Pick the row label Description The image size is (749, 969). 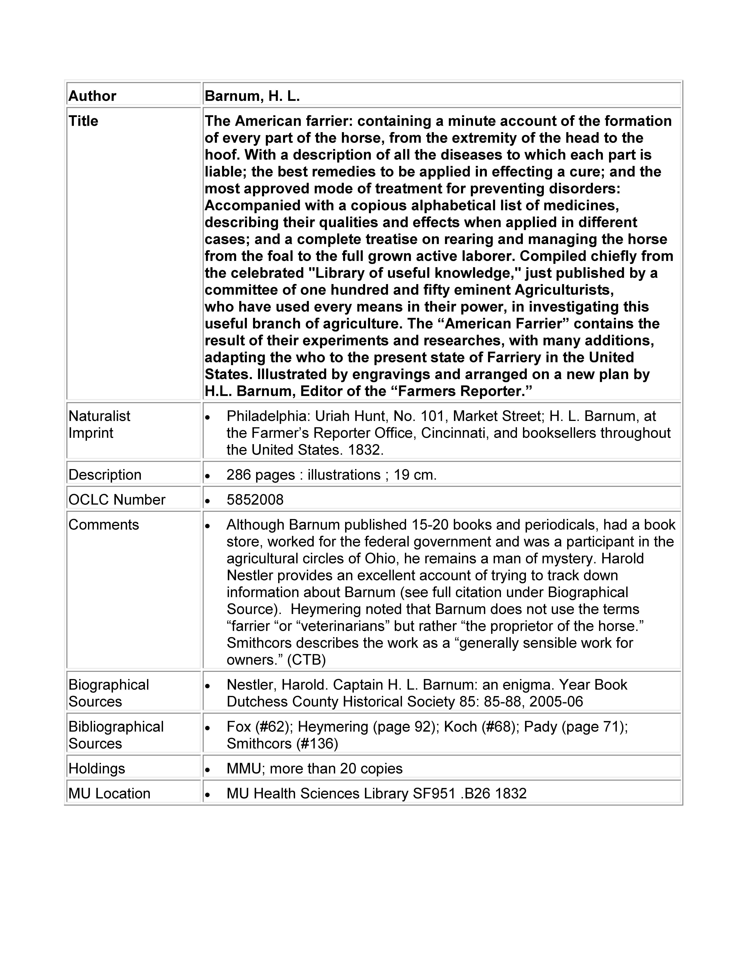105,475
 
